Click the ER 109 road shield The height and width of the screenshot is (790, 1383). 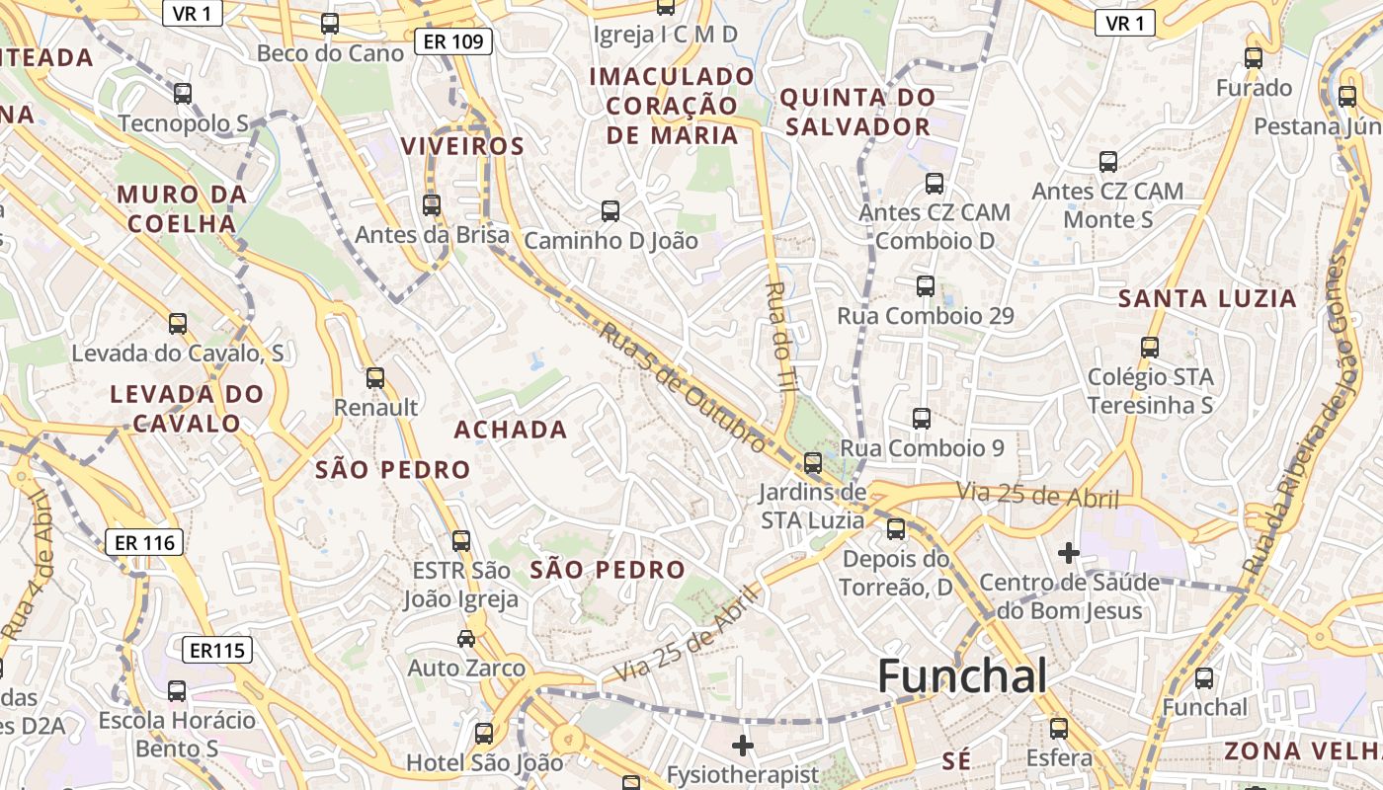[452, 41]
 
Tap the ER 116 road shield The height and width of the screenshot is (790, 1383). [144, 542]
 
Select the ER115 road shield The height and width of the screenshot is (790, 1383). [217, 650]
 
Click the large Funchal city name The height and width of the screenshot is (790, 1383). [961, 676]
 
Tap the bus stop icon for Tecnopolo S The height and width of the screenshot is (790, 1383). [183, 94]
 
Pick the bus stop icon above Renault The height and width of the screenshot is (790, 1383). [375, 378]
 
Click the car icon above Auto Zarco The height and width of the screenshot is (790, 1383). [465, 639]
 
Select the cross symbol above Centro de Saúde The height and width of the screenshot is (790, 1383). [1068, 552]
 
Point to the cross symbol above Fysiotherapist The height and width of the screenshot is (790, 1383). [743, 745]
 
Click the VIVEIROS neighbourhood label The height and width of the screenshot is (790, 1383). [462, 147]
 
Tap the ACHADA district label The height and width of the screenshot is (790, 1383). [511, 430]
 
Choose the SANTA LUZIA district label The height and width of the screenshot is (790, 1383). [1207, 298]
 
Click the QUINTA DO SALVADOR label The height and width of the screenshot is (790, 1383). [856, 112]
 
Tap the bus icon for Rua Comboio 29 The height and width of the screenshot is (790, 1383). [926, 286]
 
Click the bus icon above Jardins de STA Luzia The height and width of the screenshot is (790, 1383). [813, 462]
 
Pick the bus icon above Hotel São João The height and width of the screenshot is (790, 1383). [484, 734]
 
